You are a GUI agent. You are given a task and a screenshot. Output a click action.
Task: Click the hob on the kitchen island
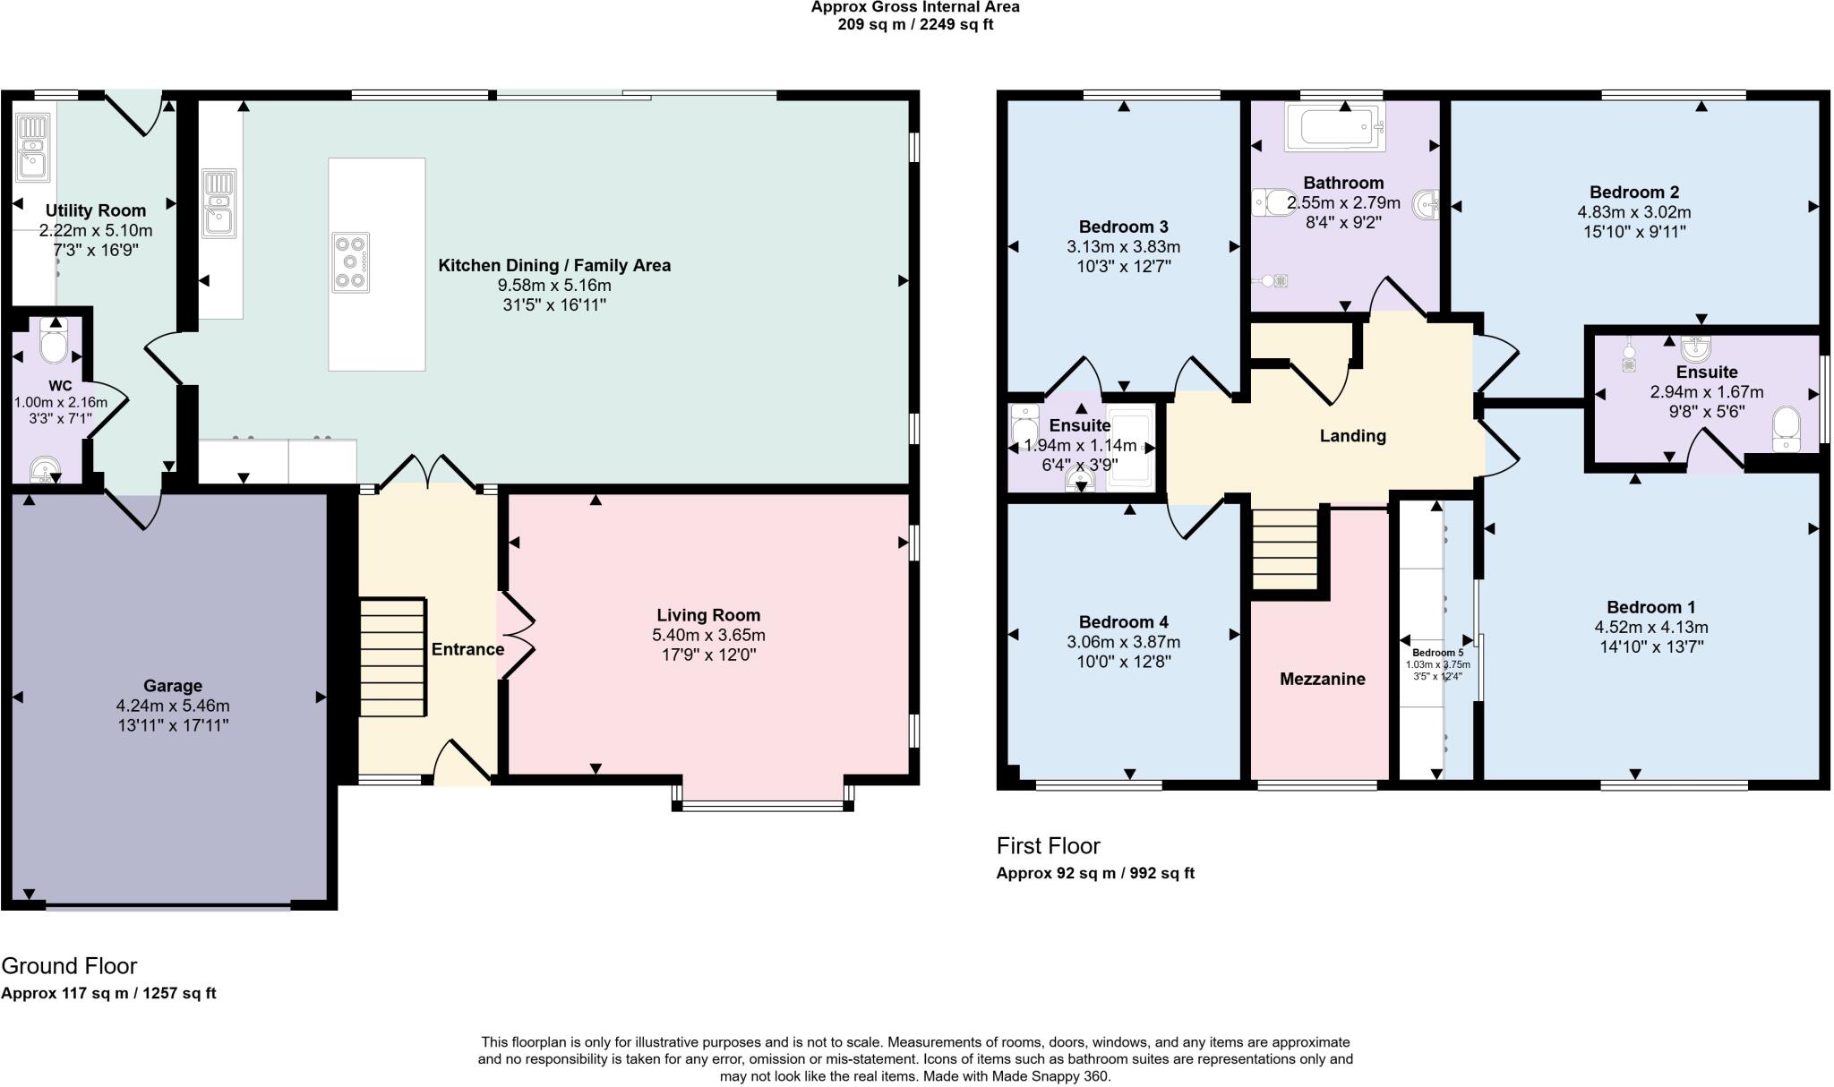coord(350,262)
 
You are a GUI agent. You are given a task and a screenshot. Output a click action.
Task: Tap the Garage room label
coord(173,686)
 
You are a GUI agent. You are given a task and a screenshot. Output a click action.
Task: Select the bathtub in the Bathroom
coord(1334,127)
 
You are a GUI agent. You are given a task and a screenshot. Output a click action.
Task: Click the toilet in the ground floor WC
coord(55,343)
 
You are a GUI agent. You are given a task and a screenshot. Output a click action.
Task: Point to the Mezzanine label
coord(1322,679)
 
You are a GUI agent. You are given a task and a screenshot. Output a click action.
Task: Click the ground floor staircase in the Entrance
coord(391,657)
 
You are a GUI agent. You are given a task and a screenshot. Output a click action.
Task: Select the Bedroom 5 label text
coord(1437,653)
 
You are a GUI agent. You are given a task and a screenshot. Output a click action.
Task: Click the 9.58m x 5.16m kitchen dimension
coord(554,286)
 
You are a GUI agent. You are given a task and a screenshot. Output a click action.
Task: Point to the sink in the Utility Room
coord(30,149)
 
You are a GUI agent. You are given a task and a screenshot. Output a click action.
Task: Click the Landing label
coord(1352,436)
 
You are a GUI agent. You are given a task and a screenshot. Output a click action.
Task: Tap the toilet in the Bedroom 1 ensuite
coord(1786,428)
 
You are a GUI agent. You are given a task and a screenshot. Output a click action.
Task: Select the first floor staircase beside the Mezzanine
coord(1285,549)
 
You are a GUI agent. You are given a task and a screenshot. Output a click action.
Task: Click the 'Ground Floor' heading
coord(69,966)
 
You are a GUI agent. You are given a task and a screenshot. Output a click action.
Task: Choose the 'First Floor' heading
coord(1048,846)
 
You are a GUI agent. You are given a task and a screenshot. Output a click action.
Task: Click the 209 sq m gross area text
coord(914,24)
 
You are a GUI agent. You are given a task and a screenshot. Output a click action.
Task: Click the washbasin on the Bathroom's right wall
coord(1427,205)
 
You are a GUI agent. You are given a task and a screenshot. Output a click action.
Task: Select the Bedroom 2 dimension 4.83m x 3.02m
coord(1633,212)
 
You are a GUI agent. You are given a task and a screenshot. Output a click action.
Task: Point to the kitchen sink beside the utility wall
coord(219,203)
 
